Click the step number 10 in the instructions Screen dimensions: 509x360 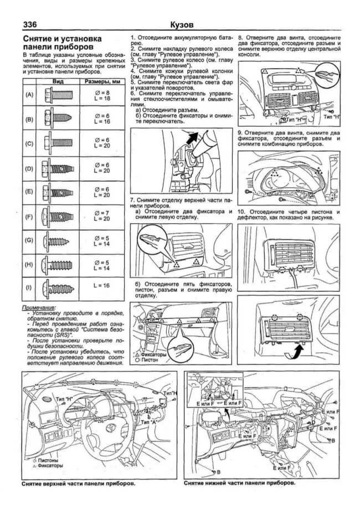click(241, 212)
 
